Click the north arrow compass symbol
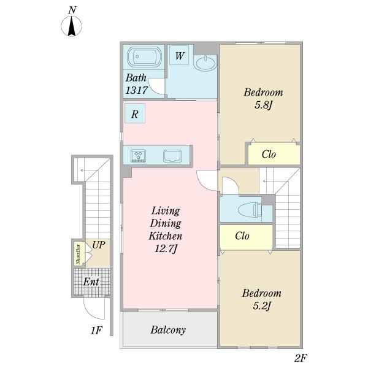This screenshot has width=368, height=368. (72, 26)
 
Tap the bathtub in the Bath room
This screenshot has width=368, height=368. (144, 56)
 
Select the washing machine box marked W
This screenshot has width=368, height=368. (179, 55)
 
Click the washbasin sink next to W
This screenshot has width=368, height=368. (206, 63)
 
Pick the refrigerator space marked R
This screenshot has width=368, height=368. (135, 113)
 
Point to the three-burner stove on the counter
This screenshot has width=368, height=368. (139, 155)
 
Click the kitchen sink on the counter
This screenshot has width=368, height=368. (172, 156)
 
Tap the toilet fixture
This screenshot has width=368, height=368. (250, 210)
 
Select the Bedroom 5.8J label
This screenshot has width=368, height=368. (263, 99)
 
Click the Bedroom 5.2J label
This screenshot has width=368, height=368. (262, 299)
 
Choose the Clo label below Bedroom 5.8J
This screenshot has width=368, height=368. (269, 155)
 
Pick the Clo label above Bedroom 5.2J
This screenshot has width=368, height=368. (242, 236)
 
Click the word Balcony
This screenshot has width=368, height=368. (168, 330)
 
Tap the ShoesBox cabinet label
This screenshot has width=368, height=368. (79, 255)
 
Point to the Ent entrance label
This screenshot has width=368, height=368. (91, 282)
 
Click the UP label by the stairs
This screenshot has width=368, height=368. (99, 245)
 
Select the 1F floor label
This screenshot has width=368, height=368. (96, 331)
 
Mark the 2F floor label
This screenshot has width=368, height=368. (301, 358)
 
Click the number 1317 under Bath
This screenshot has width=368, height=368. (137, 90)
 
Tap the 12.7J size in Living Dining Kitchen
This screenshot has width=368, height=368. (166, 248)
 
